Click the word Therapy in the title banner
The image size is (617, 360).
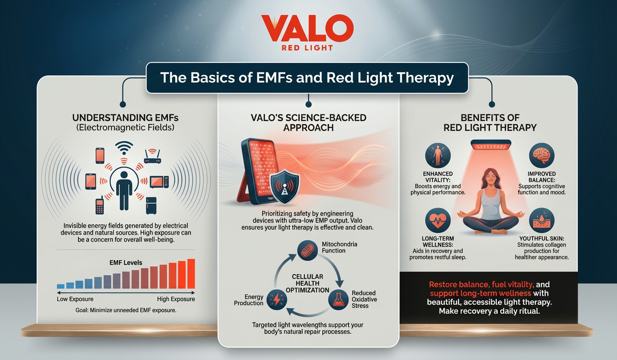point(425,78)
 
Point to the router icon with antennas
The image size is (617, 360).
point(153,157)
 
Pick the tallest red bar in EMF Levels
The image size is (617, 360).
point(191,273)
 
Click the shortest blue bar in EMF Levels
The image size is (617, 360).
point(60,286)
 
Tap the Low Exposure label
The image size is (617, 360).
point(75,299)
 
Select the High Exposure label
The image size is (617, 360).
point(176,299)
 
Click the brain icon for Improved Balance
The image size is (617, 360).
point(542,156)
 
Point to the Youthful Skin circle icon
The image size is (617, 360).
point(542,220)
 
